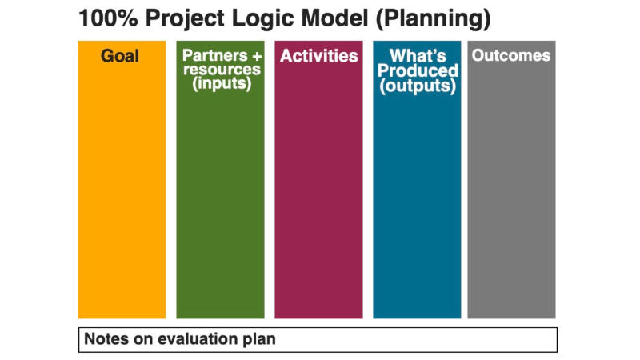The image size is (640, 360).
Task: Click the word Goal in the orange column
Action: tap(119, 56)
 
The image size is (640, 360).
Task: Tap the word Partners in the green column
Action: tap(214, 55)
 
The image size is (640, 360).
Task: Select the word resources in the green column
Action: tap(222, 69)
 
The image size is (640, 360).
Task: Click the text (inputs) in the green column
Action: tap(222, 84)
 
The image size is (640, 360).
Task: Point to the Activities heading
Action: tap(318, 56)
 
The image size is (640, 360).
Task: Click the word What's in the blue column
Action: tap(418, 55)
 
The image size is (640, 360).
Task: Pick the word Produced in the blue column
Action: tap(418, 70)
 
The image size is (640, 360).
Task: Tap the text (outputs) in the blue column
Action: tap(418, 86)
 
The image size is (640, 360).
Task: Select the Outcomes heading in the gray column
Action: tap(511, 55)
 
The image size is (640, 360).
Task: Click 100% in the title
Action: tap(108, 18)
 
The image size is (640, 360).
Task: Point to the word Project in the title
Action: tap(185, 19)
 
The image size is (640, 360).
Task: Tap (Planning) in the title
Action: tap(433, 19)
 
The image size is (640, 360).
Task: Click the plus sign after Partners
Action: tap(257, 56)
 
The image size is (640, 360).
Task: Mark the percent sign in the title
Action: tap(127, 18)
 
